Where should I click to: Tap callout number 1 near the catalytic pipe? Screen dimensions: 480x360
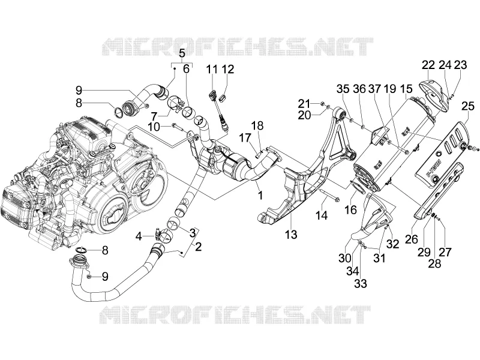260,194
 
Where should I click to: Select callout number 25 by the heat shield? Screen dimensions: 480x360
468,106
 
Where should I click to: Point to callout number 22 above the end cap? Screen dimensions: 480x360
428,65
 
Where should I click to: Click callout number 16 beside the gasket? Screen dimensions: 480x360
350,209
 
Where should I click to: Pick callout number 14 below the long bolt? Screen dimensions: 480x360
322,215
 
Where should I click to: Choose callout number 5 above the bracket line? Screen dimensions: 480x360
182,53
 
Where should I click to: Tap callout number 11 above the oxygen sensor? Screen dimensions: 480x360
212,69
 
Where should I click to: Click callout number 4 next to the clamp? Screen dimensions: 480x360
139,236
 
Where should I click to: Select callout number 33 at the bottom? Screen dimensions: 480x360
361,283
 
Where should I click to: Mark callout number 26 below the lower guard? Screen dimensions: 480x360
412,239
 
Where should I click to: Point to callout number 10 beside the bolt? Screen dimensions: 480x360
154,127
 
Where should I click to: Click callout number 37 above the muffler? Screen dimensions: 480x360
374,89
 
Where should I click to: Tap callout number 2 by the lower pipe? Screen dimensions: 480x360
199,247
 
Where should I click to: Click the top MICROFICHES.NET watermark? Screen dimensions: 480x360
238,47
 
